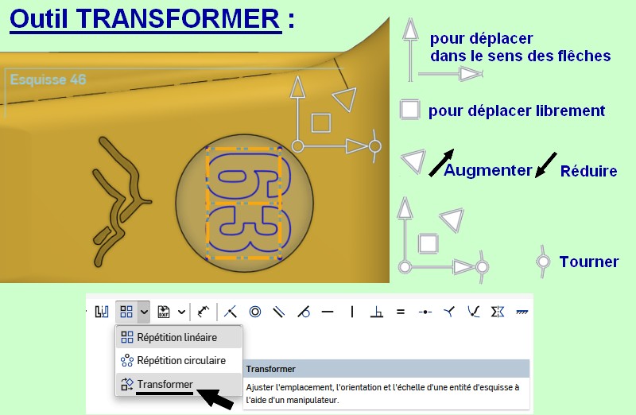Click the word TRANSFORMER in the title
point(178,18)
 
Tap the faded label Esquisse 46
point(48,80)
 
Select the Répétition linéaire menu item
point(177,337)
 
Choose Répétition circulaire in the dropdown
point(181,360)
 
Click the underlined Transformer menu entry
point(165,384)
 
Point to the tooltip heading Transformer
point(270,369)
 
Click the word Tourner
point(589,262)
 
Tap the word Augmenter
point(487,170)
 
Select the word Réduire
point(588,171)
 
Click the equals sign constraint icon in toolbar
point(401,312)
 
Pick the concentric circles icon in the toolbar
point(255,312)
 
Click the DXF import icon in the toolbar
point(164,312)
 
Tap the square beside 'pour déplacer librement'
point(409,109)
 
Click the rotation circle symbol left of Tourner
point(543,262)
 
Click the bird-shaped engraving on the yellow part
point(120,202)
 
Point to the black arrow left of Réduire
point(545,165)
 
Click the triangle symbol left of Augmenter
point(413,161)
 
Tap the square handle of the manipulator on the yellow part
point(321,123)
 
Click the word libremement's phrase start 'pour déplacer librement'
point(517,111)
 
